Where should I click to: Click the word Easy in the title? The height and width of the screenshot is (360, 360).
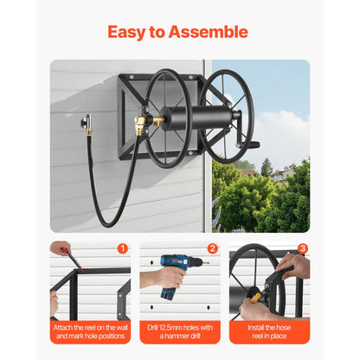(x=128, y=32)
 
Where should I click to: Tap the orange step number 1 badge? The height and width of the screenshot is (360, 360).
(x=123, y=248)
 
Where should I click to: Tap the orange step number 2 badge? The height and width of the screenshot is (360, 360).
(x=212, y=248)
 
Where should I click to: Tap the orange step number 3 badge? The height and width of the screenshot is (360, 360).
(x=302, y=248)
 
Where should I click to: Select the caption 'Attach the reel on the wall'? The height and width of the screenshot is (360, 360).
(x=90, y=328)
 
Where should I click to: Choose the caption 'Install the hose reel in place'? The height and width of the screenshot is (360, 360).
(x=269, y=333)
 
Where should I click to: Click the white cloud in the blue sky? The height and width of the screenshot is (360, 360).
(x=286, y=130)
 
